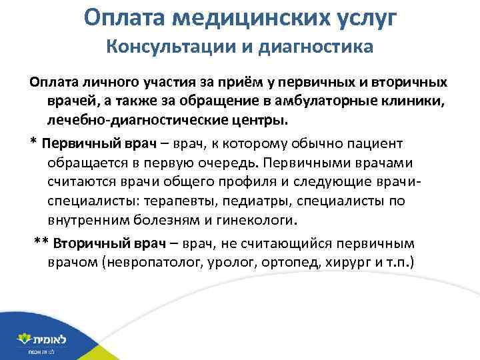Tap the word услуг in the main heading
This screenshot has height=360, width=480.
pos(363,18)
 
